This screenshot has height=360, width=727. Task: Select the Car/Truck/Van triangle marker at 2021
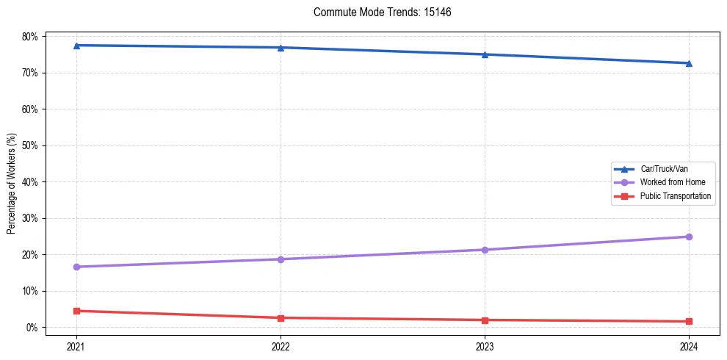(76, 46)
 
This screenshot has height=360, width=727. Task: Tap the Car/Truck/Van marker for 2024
(689, 63)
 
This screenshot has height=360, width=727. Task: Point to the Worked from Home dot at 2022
(281, 259)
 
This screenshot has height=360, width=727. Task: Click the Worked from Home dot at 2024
(689, 237)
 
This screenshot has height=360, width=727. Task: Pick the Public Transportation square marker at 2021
(76, 311)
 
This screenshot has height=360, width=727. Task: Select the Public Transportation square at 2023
(485, 320)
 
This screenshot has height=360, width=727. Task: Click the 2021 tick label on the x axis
(76, 346)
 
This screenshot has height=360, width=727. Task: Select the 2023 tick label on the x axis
(485, 346)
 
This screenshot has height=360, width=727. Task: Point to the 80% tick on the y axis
(31, 37)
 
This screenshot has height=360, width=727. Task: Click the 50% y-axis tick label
(31, 145)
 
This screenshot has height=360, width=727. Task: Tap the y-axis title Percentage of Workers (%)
(12, 182)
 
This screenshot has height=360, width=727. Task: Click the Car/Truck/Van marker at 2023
(485, 54)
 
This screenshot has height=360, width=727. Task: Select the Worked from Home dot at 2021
(76, 267)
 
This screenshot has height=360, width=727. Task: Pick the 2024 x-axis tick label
(689, 346)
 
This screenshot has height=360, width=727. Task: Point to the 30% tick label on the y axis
(31, 218)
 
